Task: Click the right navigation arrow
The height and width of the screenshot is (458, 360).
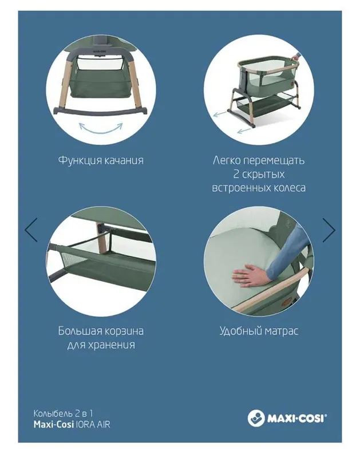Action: pyautogui.click(x=330, y=230)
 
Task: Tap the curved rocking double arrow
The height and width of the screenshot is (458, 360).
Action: pyautogui.click(x=101, y=128)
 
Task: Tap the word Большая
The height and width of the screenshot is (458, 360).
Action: pyautogui.click(x=79, y=331)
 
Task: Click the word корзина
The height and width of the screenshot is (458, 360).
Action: pyautogui.click(x=124, y=331)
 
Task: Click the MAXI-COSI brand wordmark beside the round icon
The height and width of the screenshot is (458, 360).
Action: pyautogui.click(x=296, y=418)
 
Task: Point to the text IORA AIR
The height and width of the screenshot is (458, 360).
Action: pyautogui.click(x=92, y=424)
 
